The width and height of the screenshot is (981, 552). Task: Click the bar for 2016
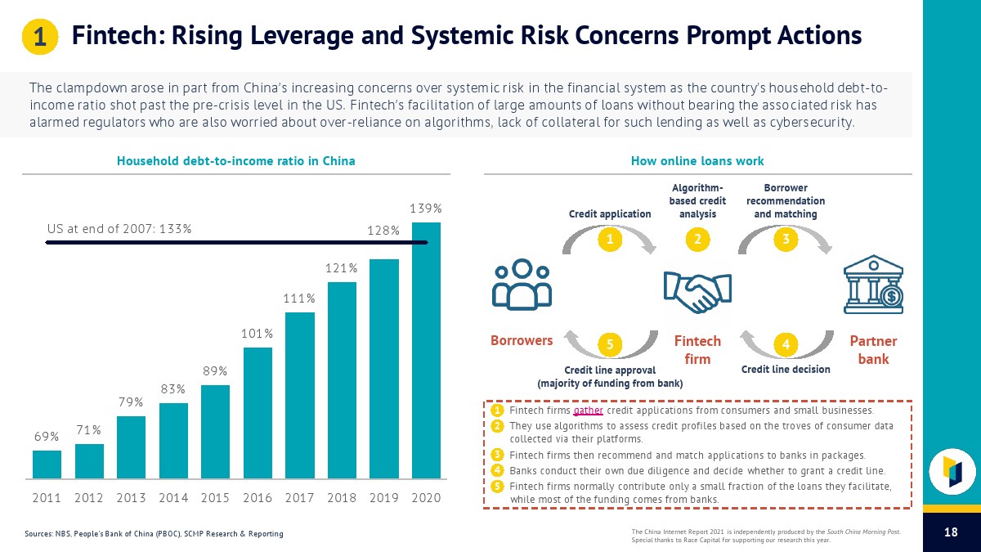pos(258,413)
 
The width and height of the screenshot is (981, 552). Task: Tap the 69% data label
pos(46,437)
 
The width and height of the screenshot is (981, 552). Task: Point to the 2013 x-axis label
pos(131,497)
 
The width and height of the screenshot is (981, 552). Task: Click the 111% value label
pos(299,298)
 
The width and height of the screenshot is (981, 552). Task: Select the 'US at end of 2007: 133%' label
pos(119,228)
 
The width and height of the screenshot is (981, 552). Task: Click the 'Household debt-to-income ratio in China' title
pos(236,161)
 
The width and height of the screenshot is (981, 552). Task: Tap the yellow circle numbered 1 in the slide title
pos(39,37)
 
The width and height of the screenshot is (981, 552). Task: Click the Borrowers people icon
pos(522,285)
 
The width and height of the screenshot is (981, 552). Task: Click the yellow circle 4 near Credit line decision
pos(785,345)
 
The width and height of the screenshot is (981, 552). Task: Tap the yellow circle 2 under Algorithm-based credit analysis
pos(697,240)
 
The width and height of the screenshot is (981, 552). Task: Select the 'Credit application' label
pos(609,214)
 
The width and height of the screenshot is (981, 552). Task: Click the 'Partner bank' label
pos(873,350)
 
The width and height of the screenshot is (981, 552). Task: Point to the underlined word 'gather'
pos(589,411)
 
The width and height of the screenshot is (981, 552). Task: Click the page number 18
pos(951,532)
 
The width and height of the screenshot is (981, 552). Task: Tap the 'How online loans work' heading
pos(697,161)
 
